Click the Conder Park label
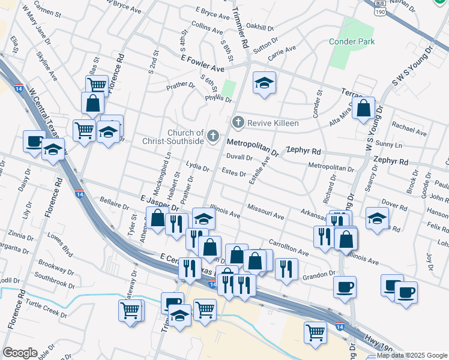352,41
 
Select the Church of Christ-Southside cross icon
212,137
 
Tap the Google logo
20,353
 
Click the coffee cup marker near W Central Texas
33,142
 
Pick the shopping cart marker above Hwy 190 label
315,331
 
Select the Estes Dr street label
234,174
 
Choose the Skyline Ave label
47,67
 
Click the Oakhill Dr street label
260,28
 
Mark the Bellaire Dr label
115,203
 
